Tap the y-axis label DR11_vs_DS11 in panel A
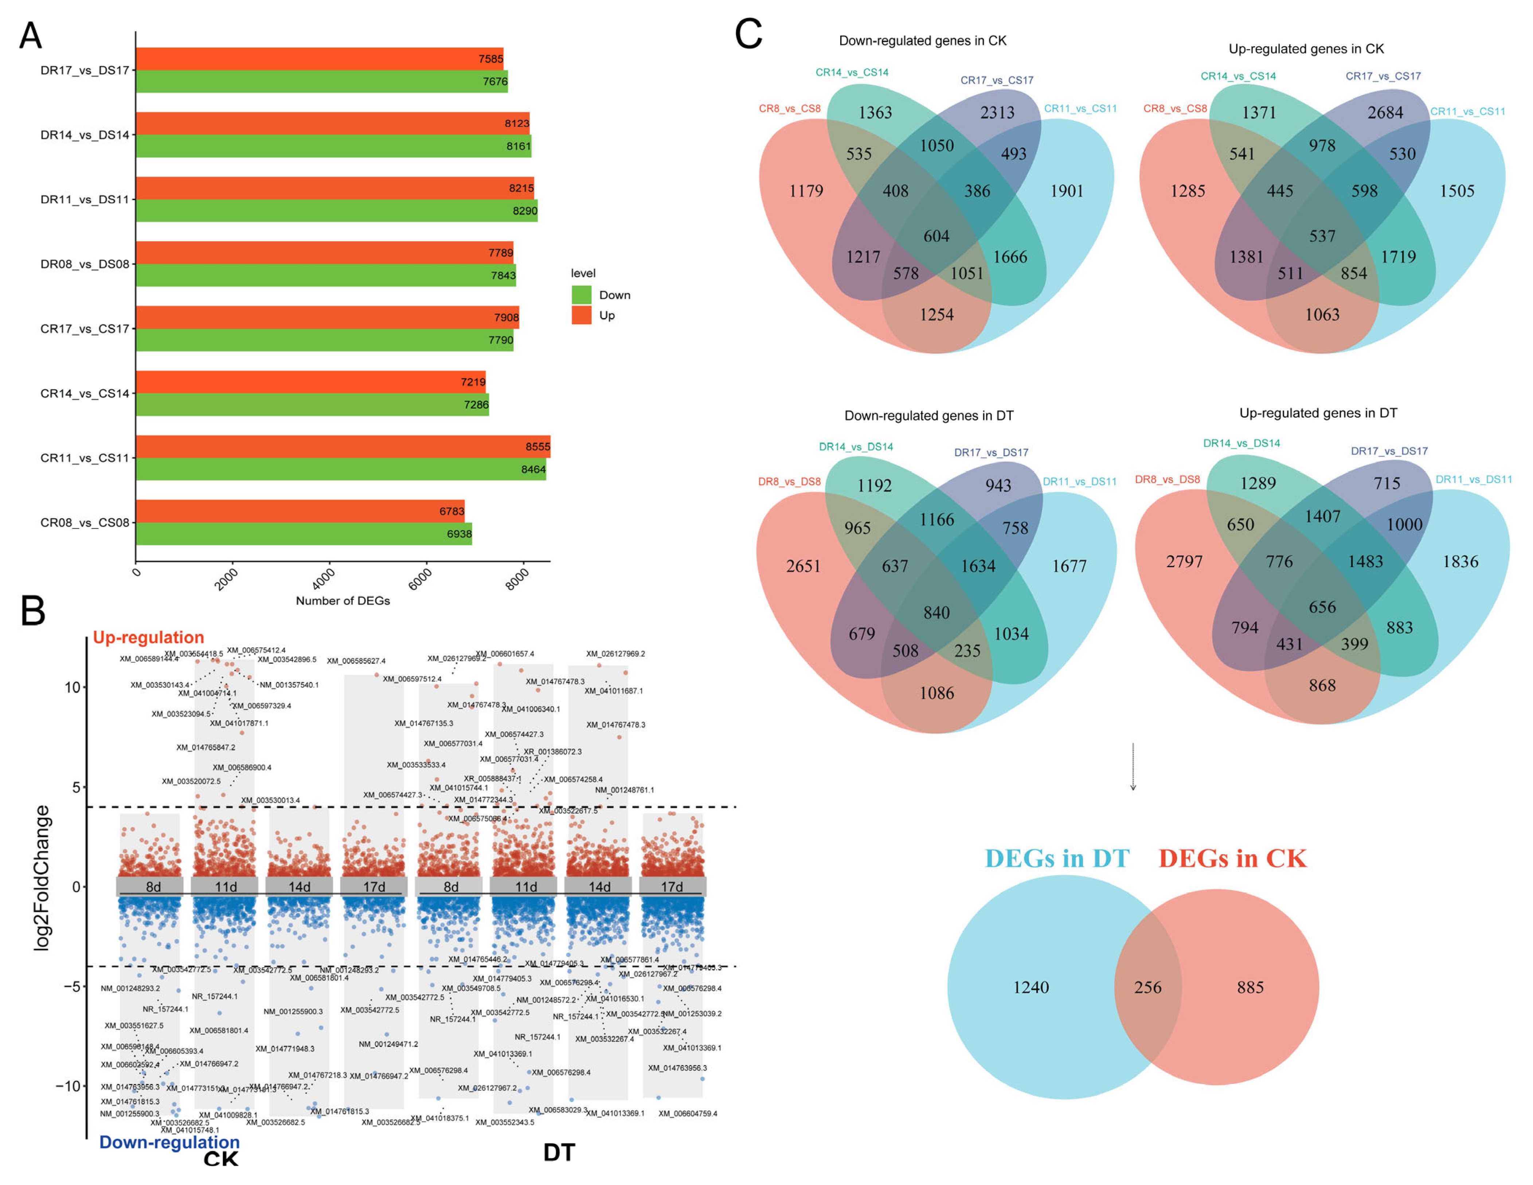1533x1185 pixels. pos(85,199)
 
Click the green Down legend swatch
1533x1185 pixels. pos(581,295)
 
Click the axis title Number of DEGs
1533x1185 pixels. pos(343,601)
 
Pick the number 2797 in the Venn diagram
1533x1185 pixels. pos(1184,562)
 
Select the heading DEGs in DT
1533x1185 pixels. pos(1056,858)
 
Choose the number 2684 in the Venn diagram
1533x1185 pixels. pos(1385,112)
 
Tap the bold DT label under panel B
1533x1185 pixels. pos(559,1152)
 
